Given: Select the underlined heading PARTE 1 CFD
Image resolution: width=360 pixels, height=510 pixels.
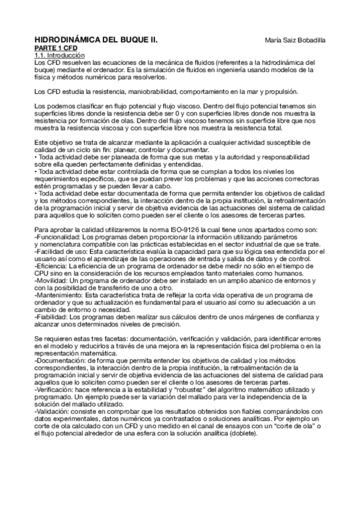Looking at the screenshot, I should tap(56, 47).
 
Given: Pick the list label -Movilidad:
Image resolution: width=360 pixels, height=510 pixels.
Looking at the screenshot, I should tap(50, 280).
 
